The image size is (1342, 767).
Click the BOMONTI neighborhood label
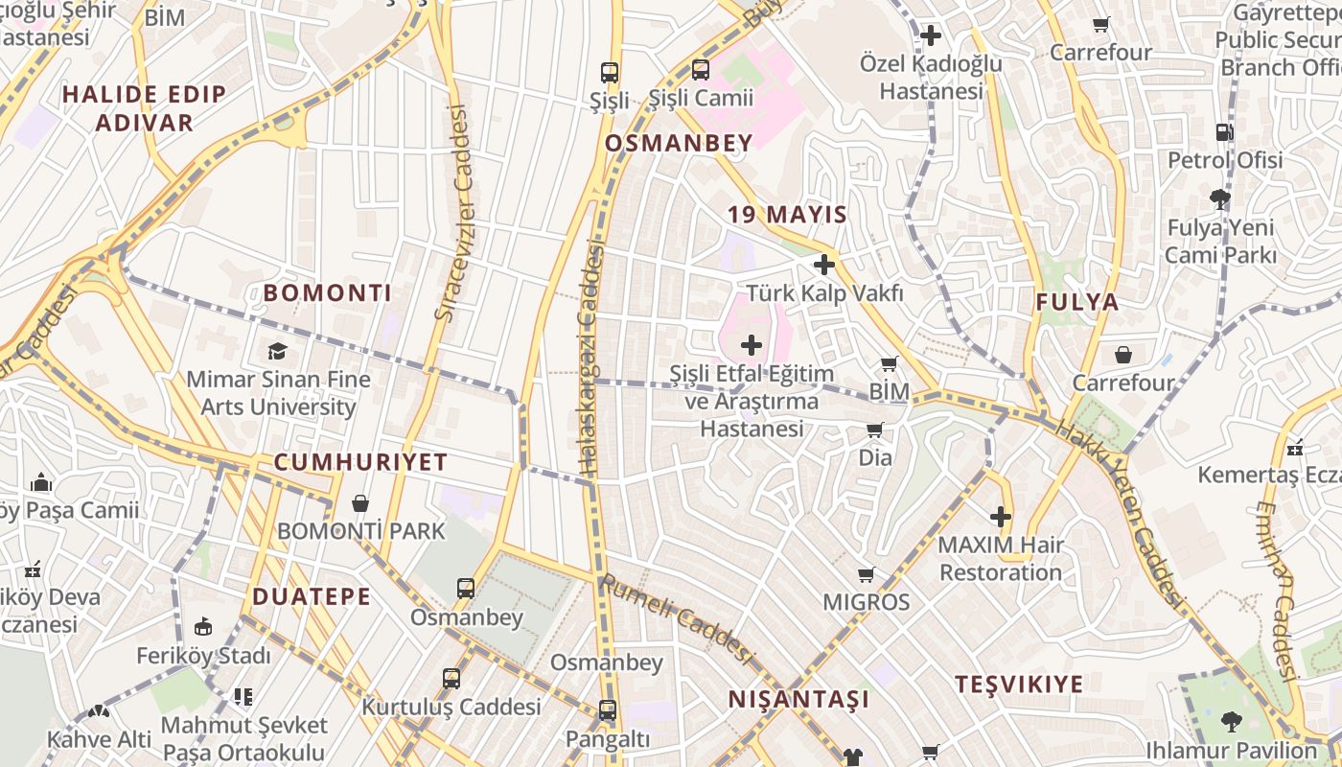pos(328,293)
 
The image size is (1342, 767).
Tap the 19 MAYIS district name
pos(787,215)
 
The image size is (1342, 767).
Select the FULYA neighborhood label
pos(1076,303)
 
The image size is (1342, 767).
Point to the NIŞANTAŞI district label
pos(798,699)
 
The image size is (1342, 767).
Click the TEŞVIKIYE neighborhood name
pos(1019,685)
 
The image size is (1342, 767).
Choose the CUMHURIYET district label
pos(361,462)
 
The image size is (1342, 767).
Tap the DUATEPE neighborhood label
pos(312,597)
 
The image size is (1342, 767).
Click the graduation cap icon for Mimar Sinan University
pos(277,351)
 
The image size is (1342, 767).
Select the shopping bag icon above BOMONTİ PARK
pos(360,503)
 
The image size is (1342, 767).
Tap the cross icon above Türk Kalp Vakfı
pos(823,265)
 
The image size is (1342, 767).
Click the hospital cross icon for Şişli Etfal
pos(752,345)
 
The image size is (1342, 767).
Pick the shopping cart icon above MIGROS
pos(867,574)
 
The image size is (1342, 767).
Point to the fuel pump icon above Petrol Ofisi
pos(1224,132)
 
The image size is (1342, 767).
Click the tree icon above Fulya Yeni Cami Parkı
pos(1220,199)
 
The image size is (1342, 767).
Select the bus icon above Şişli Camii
pos(701,70)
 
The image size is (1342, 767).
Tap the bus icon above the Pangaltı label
pos(608,710)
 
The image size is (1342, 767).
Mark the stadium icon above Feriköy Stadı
pos(203,627)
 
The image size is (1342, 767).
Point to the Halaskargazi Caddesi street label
pos(590,360)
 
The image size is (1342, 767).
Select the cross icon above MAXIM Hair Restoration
pos(1001,518)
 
